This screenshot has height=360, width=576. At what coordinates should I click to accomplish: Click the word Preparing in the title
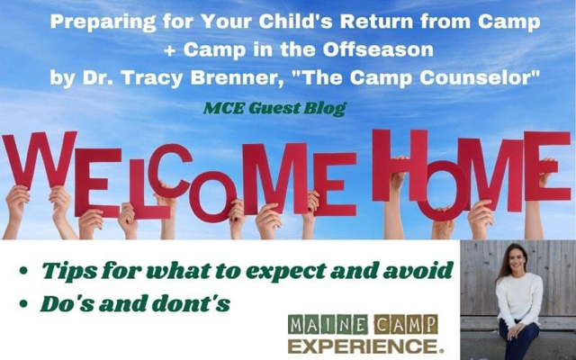click(103, 22)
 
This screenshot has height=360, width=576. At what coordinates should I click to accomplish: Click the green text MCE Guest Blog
click(274, 108)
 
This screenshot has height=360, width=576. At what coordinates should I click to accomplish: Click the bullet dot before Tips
click(23, 272)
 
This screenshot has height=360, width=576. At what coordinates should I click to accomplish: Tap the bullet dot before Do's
click(23, 304)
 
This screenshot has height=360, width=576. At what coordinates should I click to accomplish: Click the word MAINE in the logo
click(328, 324)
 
